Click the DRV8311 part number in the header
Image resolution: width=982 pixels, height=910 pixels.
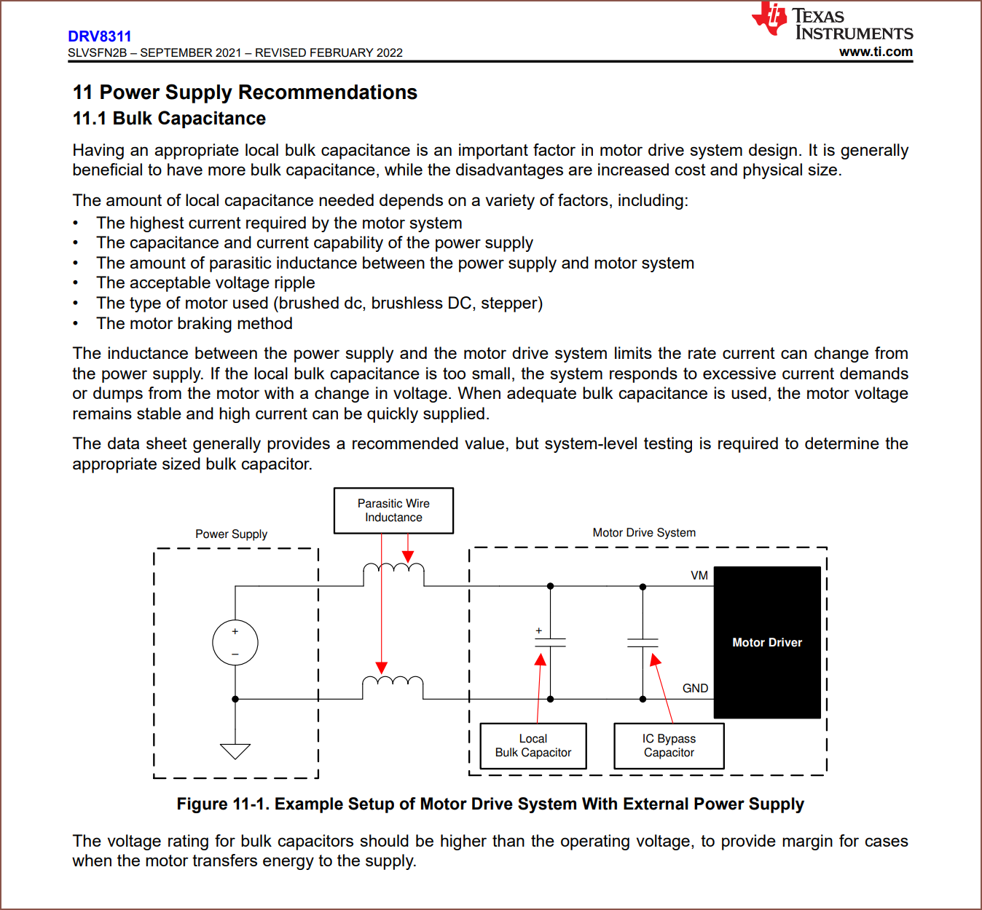click(100, 36)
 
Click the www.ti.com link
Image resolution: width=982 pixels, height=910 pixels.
click(876, 52)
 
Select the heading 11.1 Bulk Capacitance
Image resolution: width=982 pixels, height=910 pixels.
click(169, 119)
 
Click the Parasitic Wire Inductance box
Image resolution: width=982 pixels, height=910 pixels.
click(393, 510)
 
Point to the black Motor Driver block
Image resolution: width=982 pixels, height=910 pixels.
click(767, 642)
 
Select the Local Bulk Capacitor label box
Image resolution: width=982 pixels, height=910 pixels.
click(533, 745)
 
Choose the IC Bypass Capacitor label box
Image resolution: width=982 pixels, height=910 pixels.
click(669, 745)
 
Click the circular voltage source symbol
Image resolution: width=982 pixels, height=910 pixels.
click(235, 642)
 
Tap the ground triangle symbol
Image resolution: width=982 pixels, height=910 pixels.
click(235, 751)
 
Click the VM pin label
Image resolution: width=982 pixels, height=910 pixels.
click(699, 575)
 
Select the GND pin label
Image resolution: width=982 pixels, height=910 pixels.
click(695, 688)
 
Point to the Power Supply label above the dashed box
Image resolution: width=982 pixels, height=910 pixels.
click(231, 534)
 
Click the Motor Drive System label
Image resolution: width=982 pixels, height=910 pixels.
click(644, 533)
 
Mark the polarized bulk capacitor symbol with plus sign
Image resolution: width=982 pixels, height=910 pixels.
click(550, 641)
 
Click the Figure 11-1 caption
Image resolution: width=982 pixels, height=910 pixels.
click(490, 804)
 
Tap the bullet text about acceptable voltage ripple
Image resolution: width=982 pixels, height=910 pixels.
click(205, 283)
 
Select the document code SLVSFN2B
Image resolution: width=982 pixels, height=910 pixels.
click(97, 53)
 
